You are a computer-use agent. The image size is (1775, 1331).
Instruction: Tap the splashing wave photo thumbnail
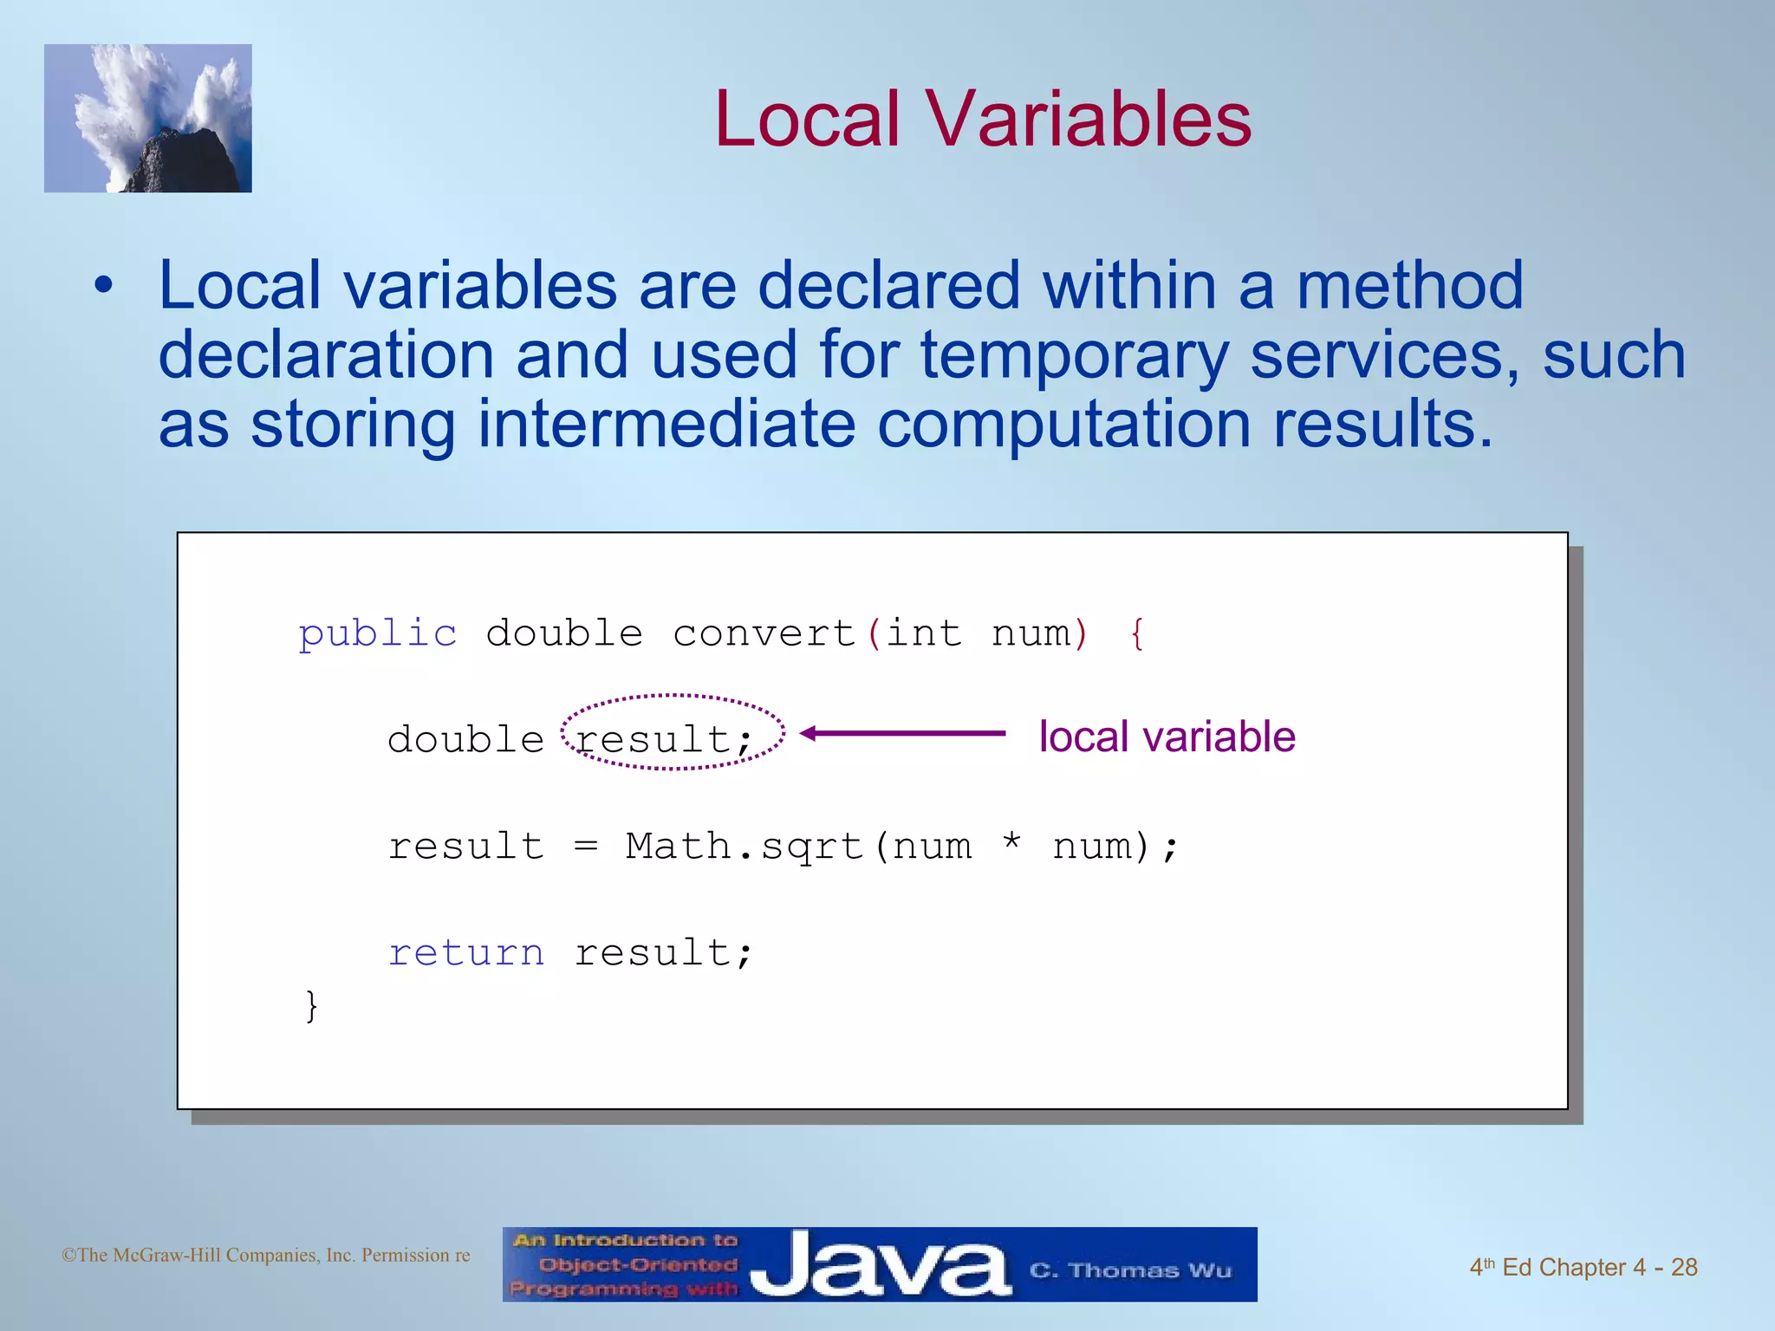click(x=148, y=119)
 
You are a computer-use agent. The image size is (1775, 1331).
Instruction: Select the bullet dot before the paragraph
click(x=104, y=286)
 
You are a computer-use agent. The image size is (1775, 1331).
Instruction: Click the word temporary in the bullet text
click(x=1074, y=355)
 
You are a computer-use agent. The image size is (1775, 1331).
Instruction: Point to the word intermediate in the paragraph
click(x=666, y=425)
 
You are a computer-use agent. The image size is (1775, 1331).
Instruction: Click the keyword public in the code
click(x=378, y=634)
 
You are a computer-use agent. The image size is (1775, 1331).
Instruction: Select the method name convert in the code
click(x=764, y=634)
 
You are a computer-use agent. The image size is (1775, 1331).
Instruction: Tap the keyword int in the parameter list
click(x=924, y=634)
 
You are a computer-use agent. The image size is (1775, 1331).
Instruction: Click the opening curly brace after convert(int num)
click(x=1137, y=634)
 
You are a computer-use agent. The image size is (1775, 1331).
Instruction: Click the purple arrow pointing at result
click(x=901, y=734)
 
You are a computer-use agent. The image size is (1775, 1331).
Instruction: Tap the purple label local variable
click(x=1167, y=737)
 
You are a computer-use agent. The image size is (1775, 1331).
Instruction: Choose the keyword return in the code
click(x=466, y=953)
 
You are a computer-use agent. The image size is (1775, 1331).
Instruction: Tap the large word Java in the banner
click(x=879, y=1266)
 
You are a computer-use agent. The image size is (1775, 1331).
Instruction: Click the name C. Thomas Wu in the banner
click(x=1130, y=1270)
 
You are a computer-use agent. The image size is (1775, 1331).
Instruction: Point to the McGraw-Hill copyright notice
click(x=266, y=1256)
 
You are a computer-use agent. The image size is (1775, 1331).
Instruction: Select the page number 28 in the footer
click(x=1684, y=1268)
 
